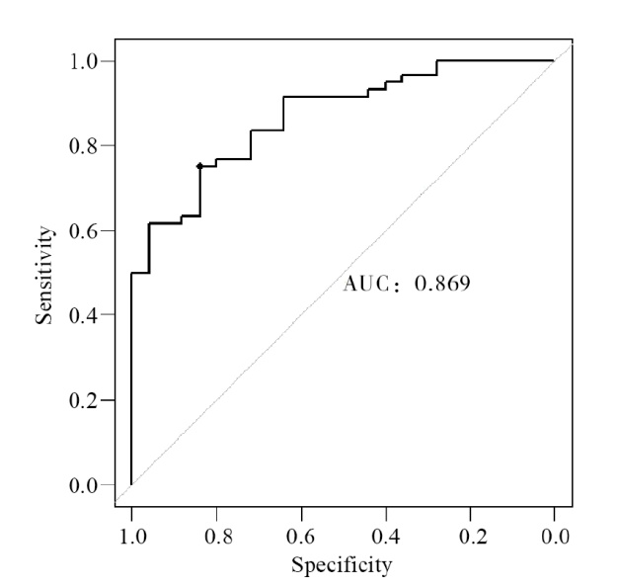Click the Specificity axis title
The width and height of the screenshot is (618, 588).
341,566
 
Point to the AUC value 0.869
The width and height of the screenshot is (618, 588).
441,285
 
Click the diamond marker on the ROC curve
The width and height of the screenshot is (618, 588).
199,166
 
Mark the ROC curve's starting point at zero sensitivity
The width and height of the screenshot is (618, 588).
131,484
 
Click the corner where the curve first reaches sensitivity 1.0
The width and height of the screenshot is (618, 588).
436,60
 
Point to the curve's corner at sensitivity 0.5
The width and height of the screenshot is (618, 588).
131,273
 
